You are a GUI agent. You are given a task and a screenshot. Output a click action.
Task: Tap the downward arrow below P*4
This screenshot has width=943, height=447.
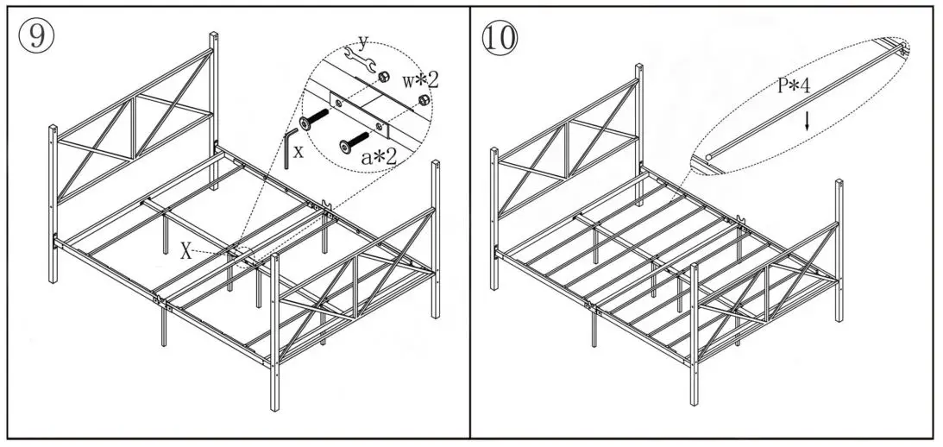(x=807, y=123)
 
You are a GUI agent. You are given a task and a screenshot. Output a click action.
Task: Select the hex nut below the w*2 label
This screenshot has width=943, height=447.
(x=423, y=100)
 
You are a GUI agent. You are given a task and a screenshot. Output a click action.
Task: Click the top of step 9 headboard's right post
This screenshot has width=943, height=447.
(x=213, y=35)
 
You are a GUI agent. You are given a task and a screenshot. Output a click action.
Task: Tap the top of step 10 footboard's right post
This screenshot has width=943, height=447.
(x=838, y=182)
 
